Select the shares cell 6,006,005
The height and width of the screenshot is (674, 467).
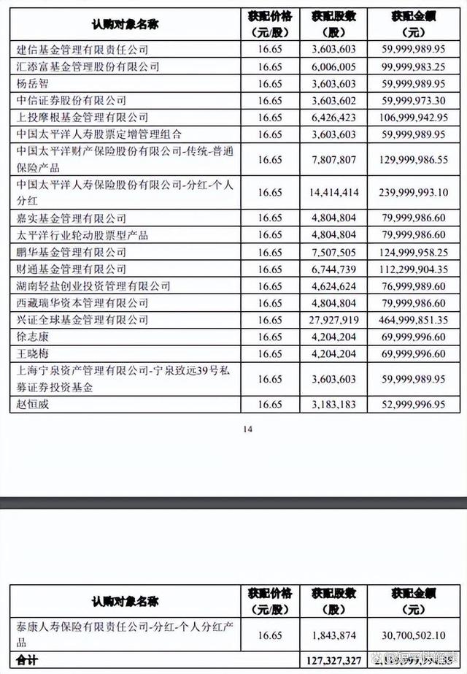pyautogui.click(x=332, y=66)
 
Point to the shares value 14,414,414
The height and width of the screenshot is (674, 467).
pyautogui.click(x=332, y=193)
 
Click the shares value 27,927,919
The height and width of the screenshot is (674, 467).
pyautogui.click(x=332, y=320)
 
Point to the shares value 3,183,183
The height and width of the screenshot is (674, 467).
pyautogui.click(x=332, y=404)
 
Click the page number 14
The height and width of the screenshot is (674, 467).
pyautogui.click(x=248, y=429)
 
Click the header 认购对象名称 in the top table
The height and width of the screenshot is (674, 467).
pyautogui.click(x=125, y=25)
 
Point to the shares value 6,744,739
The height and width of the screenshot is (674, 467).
pyautogui.click(x=332, y=269)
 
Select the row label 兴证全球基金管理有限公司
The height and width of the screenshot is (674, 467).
pyautogui.click(x=81, y=320)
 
